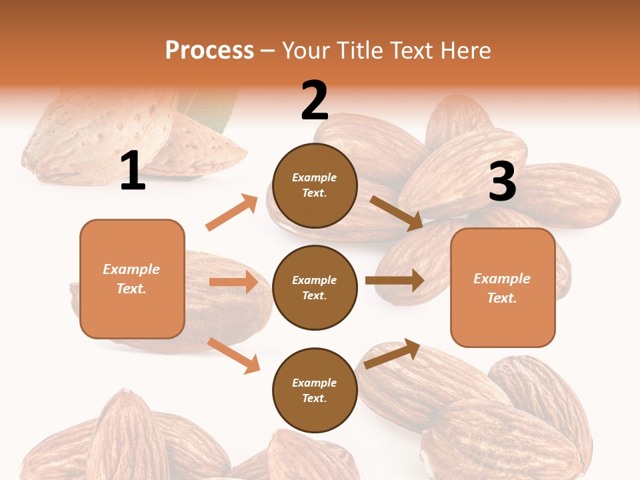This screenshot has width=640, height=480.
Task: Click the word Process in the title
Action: pyautogui.click(x=209, y=50)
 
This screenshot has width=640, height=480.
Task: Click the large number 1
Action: pyautogui.click(x=133, y=171)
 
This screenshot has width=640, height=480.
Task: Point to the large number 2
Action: pyautogui.click(x=315, y=101)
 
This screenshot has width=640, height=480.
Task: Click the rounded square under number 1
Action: pyautogui.click(x=132, y=279)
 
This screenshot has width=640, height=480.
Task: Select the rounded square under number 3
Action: pyautogui.click(x=503, y=288)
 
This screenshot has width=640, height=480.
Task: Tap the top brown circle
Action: pyautogui.click(x=315, y=185)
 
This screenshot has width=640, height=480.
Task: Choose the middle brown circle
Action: pyautogui.click(x=315, y=288)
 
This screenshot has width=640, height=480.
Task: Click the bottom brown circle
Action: pyautogui.click(x=315, y=391)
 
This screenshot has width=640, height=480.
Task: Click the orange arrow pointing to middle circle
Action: pyautogui.click(x=233, y=282)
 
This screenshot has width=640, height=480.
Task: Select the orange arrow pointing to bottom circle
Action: pyautogui.click(x=233, y=355)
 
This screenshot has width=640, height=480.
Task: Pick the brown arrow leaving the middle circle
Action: pyautogui.click(x=395, y=281)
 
